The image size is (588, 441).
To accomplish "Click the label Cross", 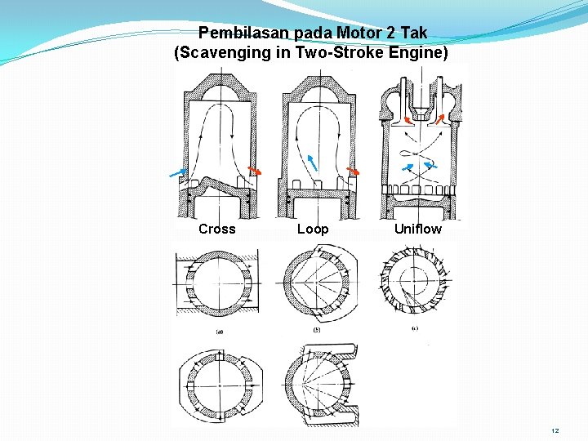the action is click(216, 229).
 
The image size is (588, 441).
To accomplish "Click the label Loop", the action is click(313, 229).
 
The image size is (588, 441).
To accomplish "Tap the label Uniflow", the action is click(417, 229).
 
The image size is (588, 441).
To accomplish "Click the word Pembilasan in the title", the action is click(237, 34).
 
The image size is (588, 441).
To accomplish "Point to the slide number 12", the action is click(555, 430).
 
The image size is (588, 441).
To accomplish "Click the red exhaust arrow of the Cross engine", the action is click(255, 171).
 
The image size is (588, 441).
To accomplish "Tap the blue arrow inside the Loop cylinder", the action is click(311, 161).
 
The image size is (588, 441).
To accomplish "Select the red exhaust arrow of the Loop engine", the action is click(354, 171).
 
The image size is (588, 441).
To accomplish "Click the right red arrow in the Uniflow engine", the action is click(440, 119).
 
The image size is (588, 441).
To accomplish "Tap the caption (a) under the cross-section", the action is click(219, 332).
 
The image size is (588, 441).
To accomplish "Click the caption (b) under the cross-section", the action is click(316, 330).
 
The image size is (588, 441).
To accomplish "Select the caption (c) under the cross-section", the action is click(415, 328).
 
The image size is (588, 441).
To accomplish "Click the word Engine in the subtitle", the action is click(418, 53).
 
